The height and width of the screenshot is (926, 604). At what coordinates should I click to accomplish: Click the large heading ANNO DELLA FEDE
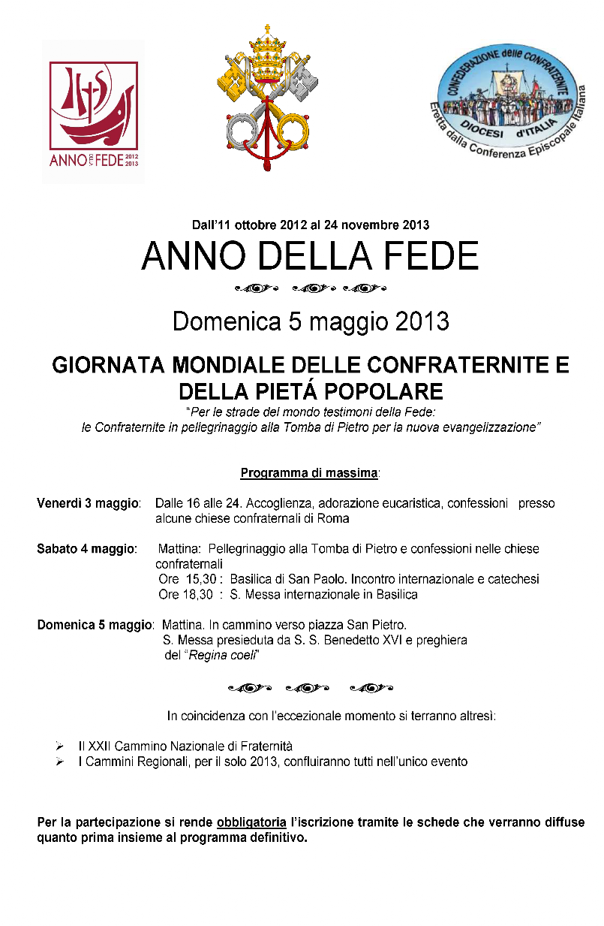[x=310, y=257]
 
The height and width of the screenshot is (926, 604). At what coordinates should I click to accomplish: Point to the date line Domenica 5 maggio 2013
[x=311, y=321]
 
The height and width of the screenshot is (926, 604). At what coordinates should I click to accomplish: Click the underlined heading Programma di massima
[x=309, y=473]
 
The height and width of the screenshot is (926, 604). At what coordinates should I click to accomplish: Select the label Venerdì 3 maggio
[x=88, y=503]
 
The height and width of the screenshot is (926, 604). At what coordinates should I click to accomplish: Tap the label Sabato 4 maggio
[x=86, y=549]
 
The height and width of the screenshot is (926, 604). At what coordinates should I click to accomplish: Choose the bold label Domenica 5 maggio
[x=95, y=625]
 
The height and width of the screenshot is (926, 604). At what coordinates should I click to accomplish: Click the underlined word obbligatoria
[x=251, y=822]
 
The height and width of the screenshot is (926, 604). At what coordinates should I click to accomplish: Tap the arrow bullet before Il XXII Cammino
[x=59, y=747]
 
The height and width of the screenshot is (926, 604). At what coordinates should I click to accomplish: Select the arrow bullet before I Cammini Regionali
[x=59, y=762]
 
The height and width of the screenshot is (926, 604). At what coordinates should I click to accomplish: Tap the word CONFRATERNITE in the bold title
[x=467, y=366]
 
